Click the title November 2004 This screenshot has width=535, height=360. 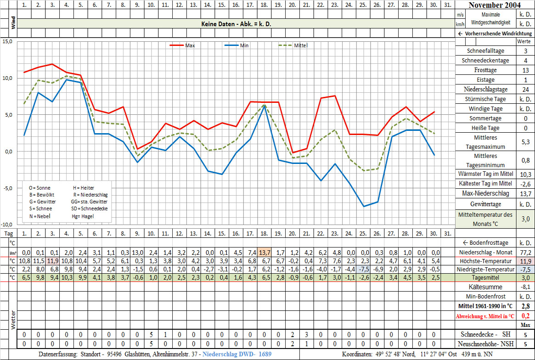pos(495,5)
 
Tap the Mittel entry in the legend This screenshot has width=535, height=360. pos(300,45)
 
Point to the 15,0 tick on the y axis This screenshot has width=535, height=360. pos(8,41)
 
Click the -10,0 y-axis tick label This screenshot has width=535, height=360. pos(7,225)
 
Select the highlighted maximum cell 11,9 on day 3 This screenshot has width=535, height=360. pos(52,261)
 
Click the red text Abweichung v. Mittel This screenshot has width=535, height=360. pos(486,316)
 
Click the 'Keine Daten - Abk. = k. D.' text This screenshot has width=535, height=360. pos(236,23)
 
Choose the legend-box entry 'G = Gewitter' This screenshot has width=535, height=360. pos(42,202)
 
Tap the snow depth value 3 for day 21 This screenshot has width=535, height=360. pos(306,334)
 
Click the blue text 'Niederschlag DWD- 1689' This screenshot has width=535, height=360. pos(237,354)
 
